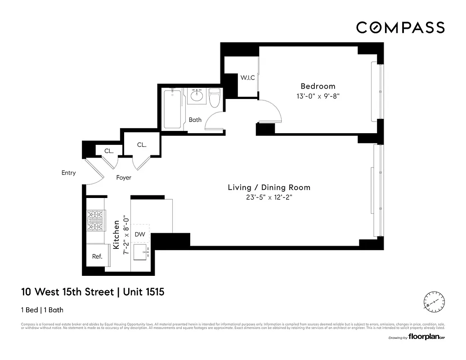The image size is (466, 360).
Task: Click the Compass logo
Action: click(400, 27)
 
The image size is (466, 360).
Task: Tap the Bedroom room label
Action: click(318, 86)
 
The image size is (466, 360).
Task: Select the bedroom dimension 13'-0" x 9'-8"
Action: click(318, 96)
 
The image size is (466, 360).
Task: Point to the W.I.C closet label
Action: click(247, 78)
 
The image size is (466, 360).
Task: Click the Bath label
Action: click(195, 120)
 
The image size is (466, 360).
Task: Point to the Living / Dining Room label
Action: click(269, 188)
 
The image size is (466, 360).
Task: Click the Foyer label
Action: click(124, 178)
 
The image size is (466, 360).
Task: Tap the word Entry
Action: click(69, 173)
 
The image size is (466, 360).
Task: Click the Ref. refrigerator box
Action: click(97, 256)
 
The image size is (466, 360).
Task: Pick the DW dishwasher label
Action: click(140, 234)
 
